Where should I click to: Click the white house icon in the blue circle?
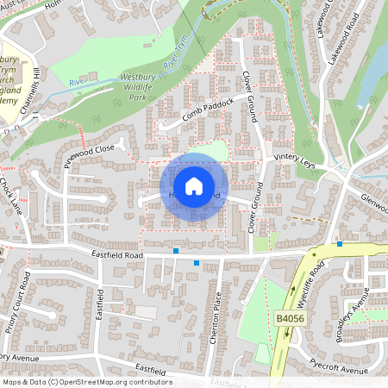[193, 186]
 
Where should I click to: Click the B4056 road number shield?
[291, 319]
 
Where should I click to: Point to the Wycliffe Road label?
[317, 284]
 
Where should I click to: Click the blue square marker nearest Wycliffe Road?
[340, 244]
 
